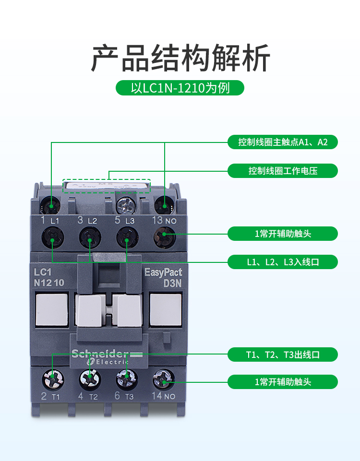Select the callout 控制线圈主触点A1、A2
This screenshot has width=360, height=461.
(283, 142)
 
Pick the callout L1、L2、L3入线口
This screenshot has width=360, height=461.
(283, 262)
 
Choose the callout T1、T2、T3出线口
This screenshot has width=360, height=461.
(283, 355)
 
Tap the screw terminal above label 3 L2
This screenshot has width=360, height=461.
(89, 236)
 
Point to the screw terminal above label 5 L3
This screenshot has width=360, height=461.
(126, 236)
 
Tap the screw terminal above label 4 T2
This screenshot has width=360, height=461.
(89, 379)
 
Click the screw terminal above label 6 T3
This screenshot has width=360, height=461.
(126, 379)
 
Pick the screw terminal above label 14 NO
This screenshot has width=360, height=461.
(164, 379)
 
